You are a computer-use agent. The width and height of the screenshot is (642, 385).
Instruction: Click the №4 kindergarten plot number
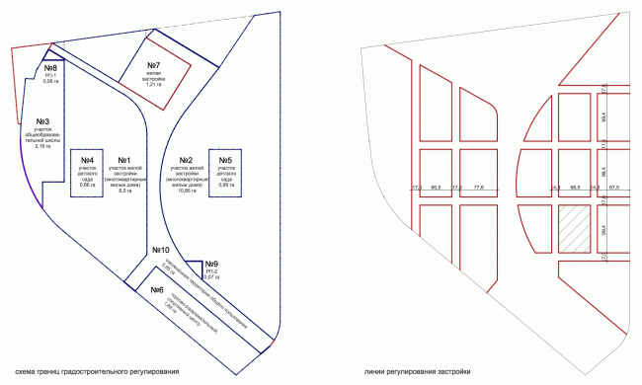(86, 161)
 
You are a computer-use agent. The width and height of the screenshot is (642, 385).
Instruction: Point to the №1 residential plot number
(124, 161)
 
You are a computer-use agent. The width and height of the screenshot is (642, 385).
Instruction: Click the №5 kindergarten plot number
(225, 161)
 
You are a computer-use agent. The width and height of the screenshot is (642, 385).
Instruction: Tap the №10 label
(161, 250)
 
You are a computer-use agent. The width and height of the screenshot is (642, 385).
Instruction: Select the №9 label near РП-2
(211, 264)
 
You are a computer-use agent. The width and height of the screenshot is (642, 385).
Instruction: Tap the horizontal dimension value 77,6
(478, 187)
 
